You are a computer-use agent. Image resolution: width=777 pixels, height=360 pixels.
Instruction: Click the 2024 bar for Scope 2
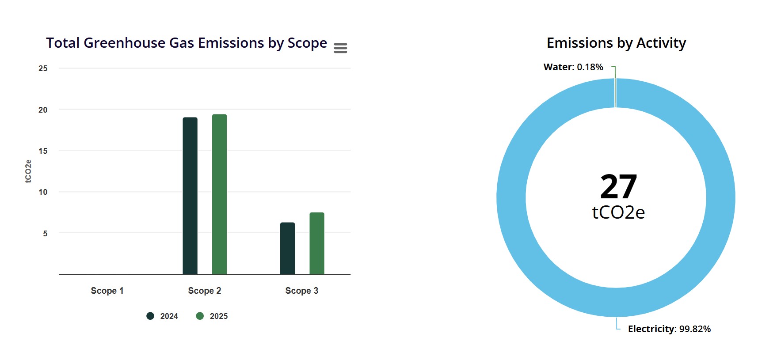tap(190, 196)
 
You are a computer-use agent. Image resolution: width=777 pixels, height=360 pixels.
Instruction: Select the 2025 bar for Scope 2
tap(219, 194)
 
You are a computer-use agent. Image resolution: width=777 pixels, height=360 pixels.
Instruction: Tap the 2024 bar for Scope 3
tap(287, 248)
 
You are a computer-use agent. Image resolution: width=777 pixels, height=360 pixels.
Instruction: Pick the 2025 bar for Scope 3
tap(317, 243)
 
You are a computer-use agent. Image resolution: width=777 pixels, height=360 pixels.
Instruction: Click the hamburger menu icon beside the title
tap(340, 48)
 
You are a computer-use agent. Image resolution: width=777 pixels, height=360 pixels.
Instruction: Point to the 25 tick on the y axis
tap(43, 68)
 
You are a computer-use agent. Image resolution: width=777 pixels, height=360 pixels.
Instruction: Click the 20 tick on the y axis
tap(43, 110)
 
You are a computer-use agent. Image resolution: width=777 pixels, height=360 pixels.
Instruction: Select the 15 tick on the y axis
tap(43, 151)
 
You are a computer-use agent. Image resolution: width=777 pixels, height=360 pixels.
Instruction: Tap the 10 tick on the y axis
tap(43, 192)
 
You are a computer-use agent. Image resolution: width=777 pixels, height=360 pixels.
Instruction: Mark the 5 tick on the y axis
tap(45, 233)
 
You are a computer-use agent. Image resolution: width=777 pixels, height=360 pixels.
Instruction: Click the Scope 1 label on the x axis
tap(107, 291)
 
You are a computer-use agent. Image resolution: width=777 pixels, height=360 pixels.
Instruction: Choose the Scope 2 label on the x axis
tap(205, 291)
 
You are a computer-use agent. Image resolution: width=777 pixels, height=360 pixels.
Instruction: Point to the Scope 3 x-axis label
tap(302, 291)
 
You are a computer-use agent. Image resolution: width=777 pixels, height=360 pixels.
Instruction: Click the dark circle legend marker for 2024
tap(150, 316)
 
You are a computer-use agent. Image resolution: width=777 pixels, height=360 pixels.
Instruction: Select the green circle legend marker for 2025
tap(200, 316)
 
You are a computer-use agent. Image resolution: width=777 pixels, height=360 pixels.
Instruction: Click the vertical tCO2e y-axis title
tap(28, 171)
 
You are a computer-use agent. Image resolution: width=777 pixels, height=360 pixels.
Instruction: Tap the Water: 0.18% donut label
tap(573, 67)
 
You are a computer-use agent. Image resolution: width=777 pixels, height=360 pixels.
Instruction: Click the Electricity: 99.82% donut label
tap(669, 329)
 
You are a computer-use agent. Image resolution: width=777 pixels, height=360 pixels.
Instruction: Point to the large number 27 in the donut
tap(618, 186)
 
